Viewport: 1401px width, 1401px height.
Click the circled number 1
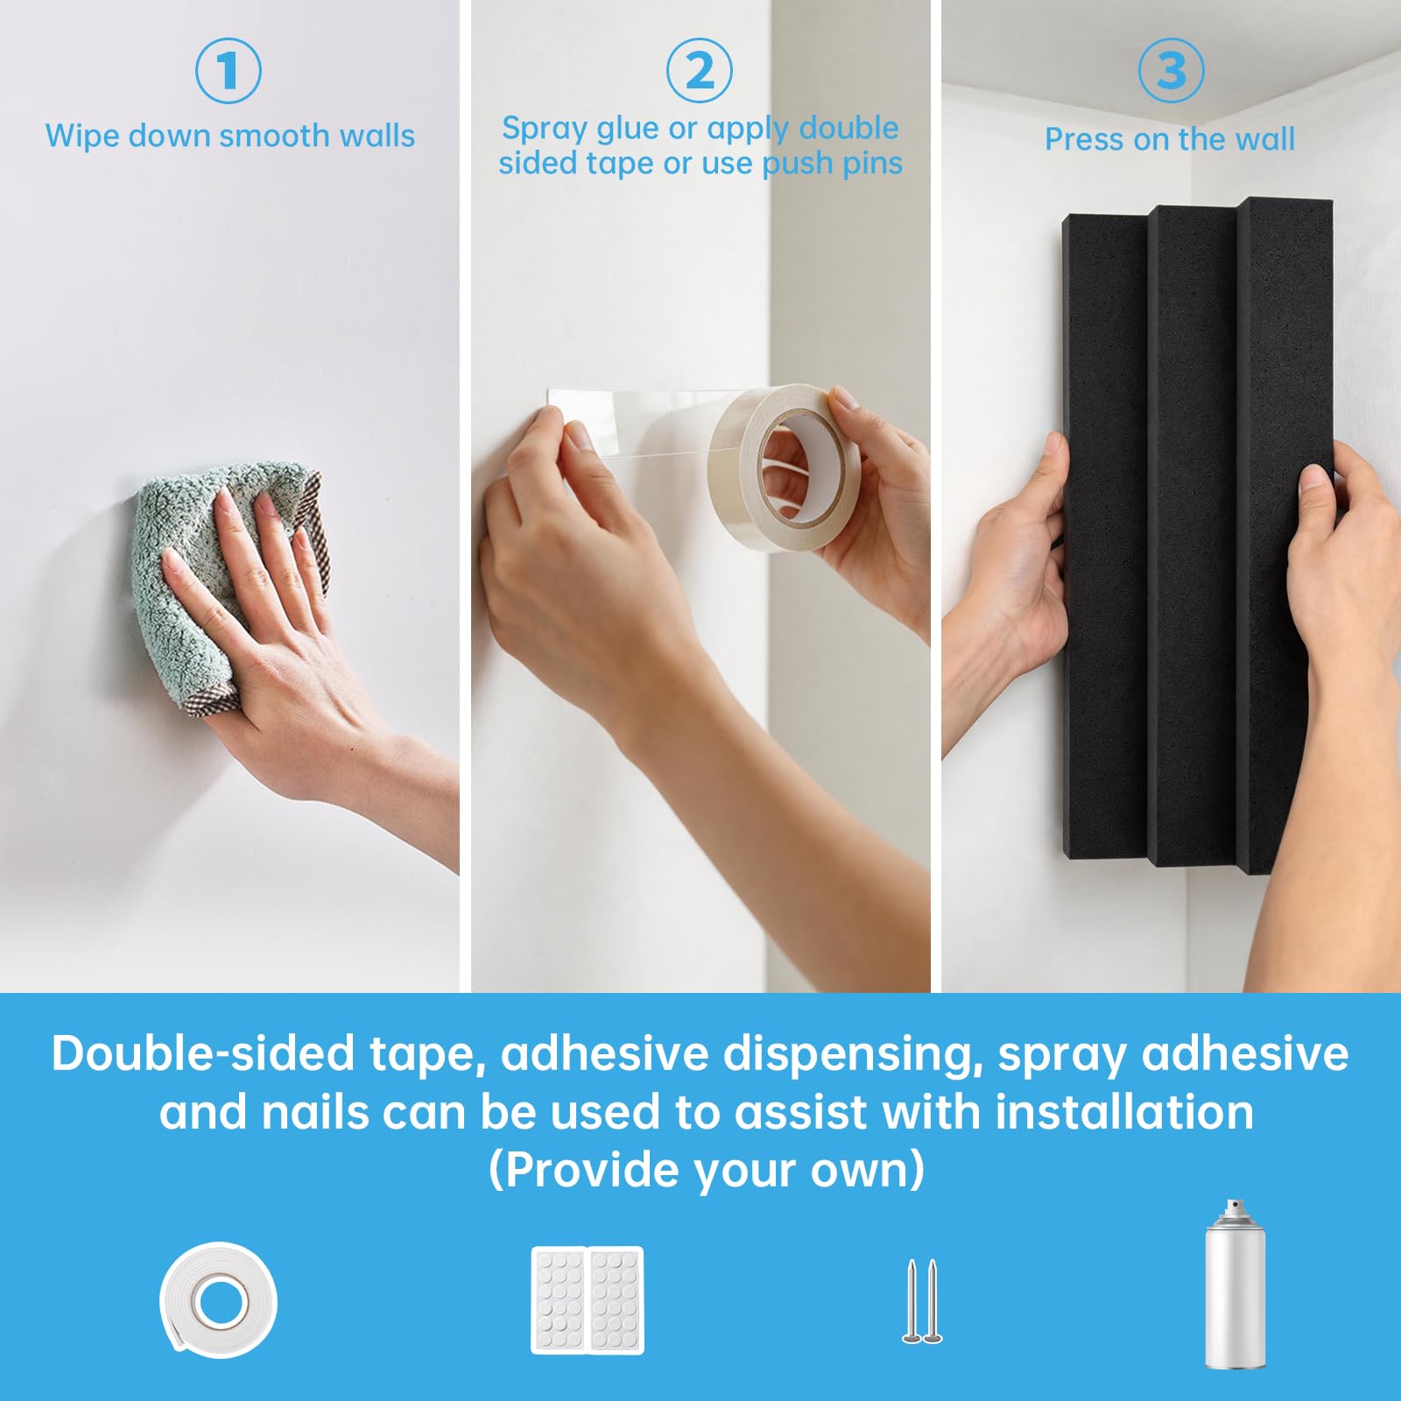pos(228,70)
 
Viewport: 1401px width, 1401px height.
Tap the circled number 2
pos(700,70)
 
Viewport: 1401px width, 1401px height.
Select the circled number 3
pos(1171,70)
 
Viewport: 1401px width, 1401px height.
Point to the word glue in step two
pos(629,130)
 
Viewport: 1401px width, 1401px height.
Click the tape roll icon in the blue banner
pos(219,1299)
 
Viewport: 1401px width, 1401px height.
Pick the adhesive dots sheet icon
pos(588,1300)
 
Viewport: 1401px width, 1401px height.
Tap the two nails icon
pos(922,1301)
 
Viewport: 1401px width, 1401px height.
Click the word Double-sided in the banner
pos(203,1053)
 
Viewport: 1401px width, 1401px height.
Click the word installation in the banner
pos(1124,1112)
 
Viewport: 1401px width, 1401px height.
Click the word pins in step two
pos(871,165)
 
